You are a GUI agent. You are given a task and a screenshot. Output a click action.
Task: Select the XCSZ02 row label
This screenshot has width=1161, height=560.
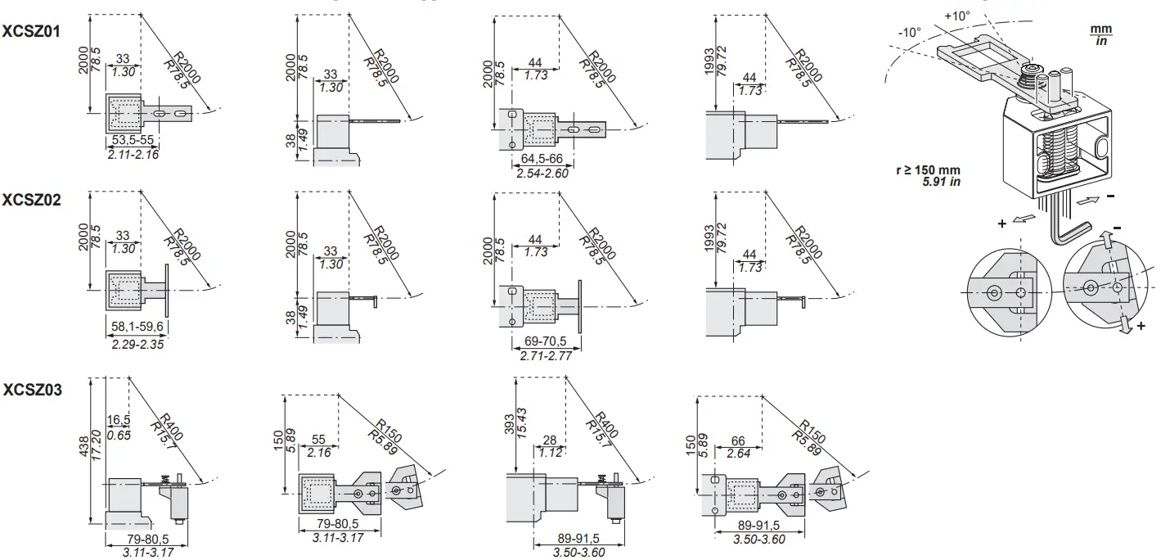pos(32,200)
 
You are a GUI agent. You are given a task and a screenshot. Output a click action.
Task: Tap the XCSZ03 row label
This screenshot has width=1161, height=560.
pos(32,390)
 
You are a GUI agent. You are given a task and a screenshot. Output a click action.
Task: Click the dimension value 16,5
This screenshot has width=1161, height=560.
pos(119,420)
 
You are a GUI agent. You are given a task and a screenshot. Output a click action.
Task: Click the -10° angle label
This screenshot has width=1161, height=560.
pos(909,33)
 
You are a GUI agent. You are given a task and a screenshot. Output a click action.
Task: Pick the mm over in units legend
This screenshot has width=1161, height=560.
pos(1100,35)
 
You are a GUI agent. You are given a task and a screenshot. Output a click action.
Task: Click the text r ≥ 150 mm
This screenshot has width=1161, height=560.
pos(928,169)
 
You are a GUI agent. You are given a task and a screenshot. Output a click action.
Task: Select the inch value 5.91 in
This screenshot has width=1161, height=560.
pos(941,181)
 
